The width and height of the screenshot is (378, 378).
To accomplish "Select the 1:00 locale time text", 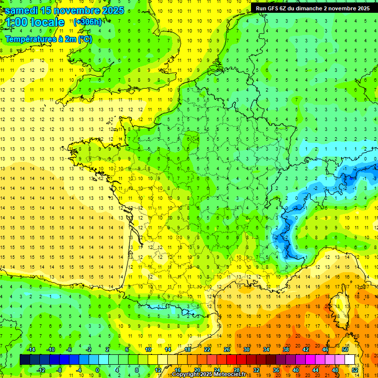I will coord(34,23).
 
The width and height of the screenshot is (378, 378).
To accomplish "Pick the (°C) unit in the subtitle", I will coord(84,39).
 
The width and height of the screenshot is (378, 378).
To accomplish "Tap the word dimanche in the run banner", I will coord(309,8).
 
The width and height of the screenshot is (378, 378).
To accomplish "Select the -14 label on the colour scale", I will coord(31,349).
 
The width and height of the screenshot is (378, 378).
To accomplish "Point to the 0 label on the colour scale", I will coord(97,370).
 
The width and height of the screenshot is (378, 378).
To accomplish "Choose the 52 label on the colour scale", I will coord(355,370).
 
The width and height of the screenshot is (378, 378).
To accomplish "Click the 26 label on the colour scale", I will coord(227,349).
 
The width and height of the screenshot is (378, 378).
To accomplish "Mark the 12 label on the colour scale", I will coord(157,370).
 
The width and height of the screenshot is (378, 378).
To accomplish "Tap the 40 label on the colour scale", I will coord(295,370).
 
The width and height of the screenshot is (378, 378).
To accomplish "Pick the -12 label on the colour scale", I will coord(41,370).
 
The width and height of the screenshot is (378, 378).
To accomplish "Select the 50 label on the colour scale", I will coord(345,349).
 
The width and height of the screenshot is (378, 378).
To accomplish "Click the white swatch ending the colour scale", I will coord(350,360).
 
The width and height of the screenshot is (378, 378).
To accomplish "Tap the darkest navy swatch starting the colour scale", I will coord(25,360).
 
